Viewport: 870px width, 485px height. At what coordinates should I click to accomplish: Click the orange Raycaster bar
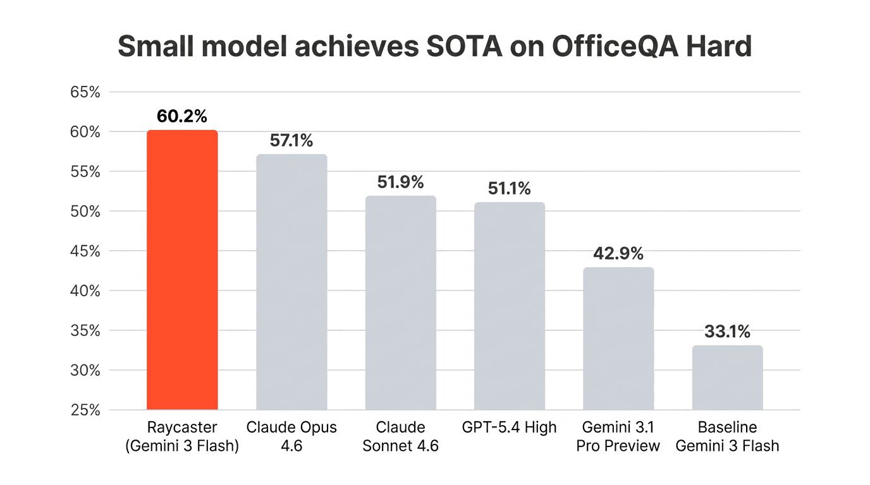coord(182,270)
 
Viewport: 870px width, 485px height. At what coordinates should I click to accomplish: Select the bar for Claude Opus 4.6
coord(291,282)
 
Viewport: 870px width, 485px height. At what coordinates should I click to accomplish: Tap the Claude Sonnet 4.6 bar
coord(400,303)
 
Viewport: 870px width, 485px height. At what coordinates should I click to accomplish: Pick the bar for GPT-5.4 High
coord(510,306)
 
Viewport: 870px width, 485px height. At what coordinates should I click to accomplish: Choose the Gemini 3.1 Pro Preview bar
coord(618,338)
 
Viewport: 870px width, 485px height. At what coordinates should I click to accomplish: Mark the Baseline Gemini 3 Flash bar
coord(727,378)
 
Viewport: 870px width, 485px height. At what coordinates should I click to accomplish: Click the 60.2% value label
coord(182,116)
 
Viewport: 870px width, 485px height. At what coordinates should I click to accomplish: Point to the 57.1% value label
coord(291,141)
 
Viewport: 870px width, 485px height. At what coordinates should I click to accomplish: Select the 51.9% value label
coord(400,183)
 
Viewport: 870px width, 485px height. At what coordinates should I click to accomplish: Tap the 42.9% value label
coord(618,254)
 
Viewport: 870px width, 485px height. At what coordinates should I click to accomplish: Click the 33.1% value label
coord(727,332)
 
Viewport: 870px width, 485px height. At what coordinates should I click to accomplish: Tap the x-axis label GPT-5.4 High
coord(510,428)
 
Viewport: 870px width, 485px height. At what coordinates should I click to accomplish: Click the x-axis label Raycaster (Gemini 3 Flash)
coord(182,436)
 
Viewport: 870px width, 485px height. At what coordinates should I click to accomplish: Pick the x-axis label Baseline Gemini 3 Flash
coord(727,436)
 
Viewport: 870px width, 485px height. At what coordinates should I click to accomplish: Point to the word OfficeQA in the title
coord(606,47)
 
